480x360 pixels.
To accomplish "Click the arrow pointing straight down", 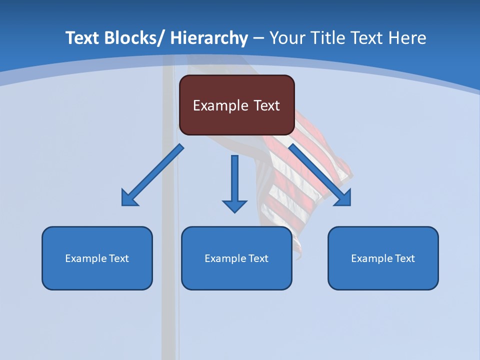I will [234, 180].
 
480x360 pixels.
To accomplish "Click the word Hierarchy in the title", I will [209, 38].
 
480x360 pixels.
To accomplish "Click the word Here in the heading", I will [407, 38].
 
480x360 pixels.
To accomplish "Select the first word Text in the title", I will [82, 38].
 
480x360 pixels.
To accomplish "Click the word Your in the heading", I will [286, 38].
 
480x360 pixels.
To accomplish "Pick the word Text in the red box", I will [266, 105].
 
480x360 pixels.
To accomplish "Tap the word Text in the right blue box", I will [403, 258].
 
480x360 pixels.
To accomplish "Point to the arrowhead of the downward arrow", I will [234, 206].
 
